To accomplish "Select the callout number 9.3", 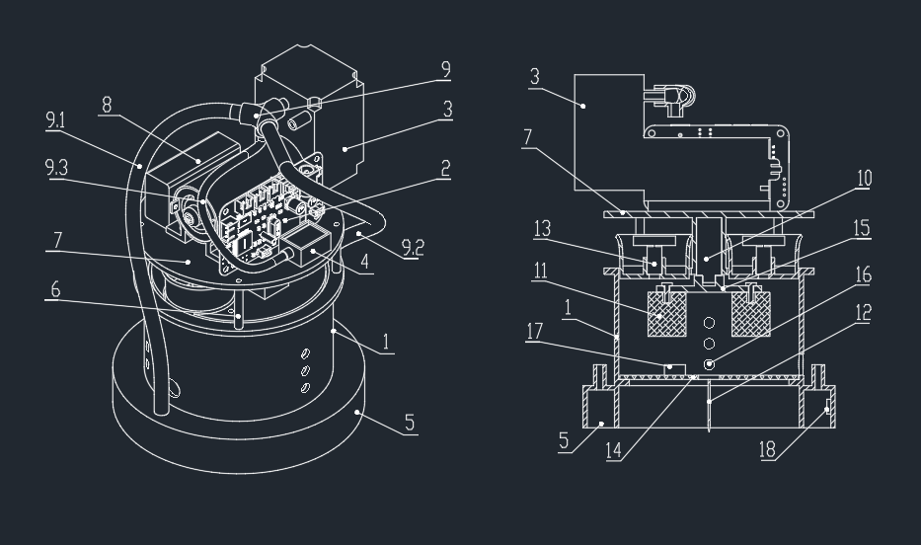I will click(57, 168).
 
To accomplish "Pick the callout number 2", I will click(445, 169).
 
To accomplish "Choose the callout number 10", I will click(864, 178).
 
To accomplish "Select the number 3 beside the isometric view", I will click(447, 109).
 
